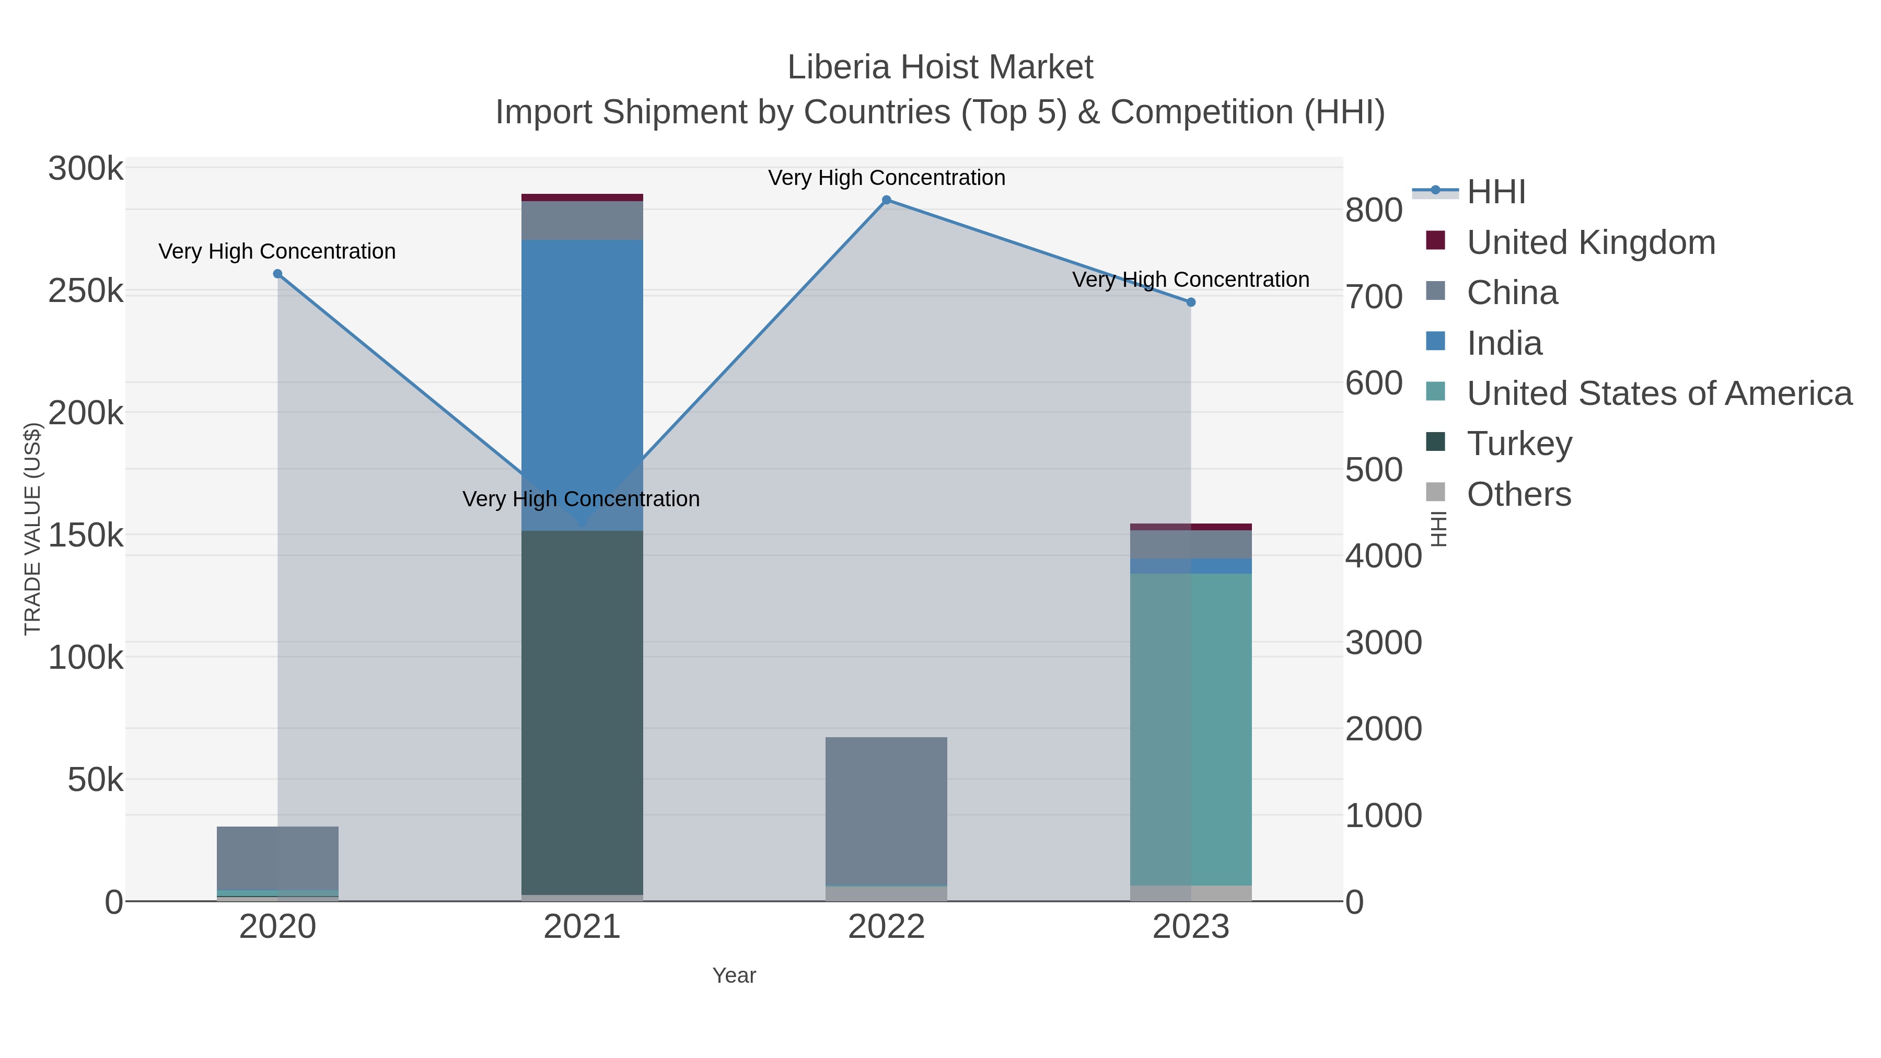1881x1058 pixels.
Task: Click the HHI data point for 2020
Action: tap(277, 274)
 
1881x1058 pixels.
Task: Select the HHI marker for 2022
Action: tap(887, 200)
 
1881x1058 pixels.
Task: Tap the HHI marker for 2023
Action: tap(1191, 303)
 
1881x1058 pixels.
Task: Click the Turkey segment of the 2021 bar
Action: tap(582, 712)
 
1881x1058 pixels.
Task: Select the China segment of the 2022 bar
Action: tap(887, 810)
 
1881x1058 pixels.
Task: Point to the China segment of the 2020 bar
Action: tap(277, 858)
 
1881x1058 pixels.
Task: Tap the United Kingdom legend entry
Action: tap(1590, 242)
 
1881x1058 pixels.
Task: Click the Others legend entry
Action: tap(1519, 494)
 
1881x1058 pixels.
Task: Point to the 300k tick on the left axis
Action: tap(86, 169)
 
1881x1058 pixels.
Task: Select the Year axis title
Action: tap(734, 975)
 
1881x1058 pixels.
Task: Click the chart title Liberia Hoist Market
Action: tap(940, 68)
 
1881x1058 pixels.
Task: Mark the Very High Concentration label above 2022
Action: tap(887, 178)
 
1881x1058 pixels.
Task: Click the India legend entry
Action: tap(1504, 343)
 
